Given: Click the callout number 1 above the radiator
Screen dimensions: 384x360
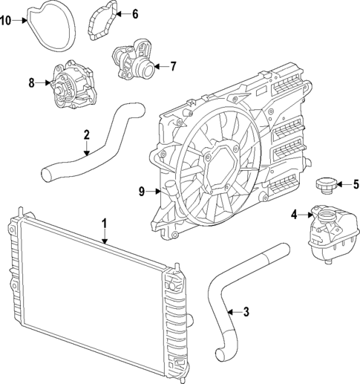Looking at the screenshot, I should [x=105, y=222].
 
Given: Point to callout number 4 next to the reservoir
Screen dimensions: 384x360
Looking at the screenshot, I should [x=294, y=215].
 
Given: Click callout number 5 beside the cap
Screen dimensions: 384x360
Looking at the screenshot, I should [x=356, y=185].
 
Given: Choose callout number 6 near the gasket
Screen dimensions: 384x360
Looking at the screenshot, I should [x=134, y=13].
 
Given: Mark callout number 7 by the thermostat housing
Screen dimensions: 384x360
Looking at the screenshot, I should [x=172, y=66].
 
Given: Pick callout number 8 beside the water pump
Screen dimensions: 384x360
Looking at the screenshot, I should [x=32, y=82].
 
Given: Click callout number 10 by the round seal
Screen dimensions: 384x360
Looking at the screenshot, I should [x=6, y=20].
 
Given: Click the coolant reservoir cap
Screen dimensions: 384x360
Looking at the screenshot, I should [x=326, y=184].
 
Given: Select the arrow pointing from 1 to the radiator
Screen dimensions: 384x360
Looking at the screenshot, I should [x=105, y=235].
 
